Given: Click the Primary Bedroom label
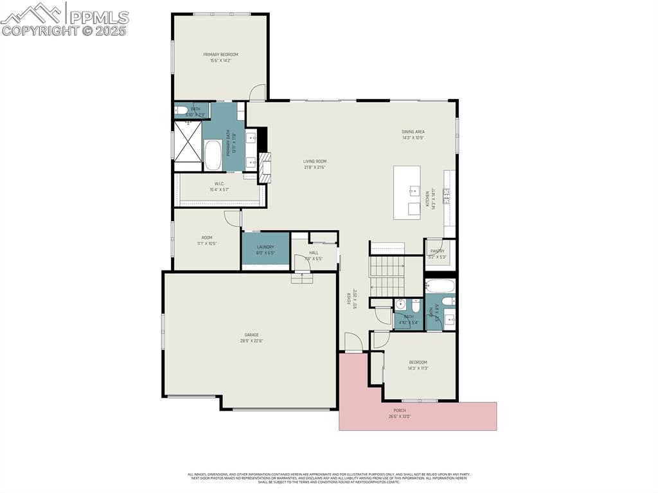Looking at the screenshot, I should pos(220,55).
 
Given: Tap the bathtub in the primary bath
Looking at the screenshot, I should pos(213,155).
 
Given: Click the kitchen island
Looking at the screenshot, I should pos(407,193).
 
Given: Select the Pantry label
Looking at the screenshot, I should pos(438,251).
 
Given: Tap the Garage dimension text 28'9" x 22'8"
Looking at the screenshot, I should pos(251,341).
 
